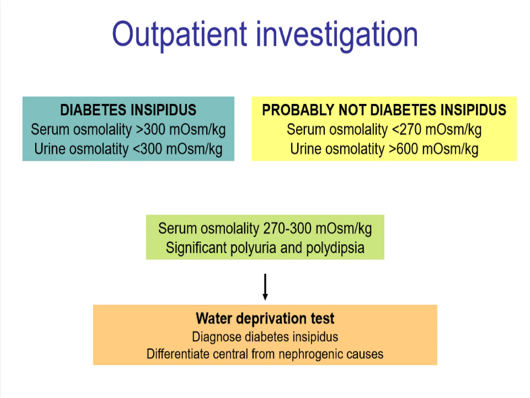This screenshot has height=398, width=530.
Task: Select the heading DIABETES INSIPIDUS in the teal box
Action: click(x=128, y=110)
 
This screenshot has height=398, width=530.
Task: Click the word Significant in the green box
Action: click(x=196, y=248)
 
